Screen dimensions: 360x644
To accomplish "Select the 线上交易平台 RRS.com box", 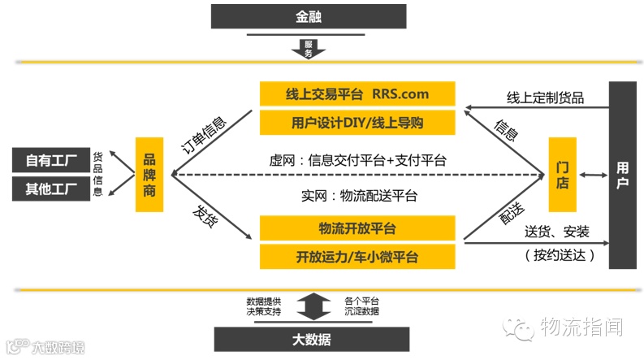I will pos(357,93).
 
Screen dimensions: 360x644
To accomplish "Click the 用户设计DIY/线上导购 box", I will pos(357,123).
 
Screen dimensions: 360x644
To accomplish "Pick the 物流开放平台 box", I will pos(357,228).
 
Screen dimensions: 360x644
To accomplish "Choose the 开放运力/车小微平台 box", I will pos(357,257).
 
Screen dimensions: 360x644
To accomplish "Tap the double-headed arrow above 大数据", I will pos(309,306).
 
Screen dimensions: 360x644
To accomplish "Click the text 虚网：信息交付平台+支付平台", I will pos(359,160).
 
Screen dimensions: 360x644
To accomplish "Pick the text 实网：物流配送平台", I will pos(359,195).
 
